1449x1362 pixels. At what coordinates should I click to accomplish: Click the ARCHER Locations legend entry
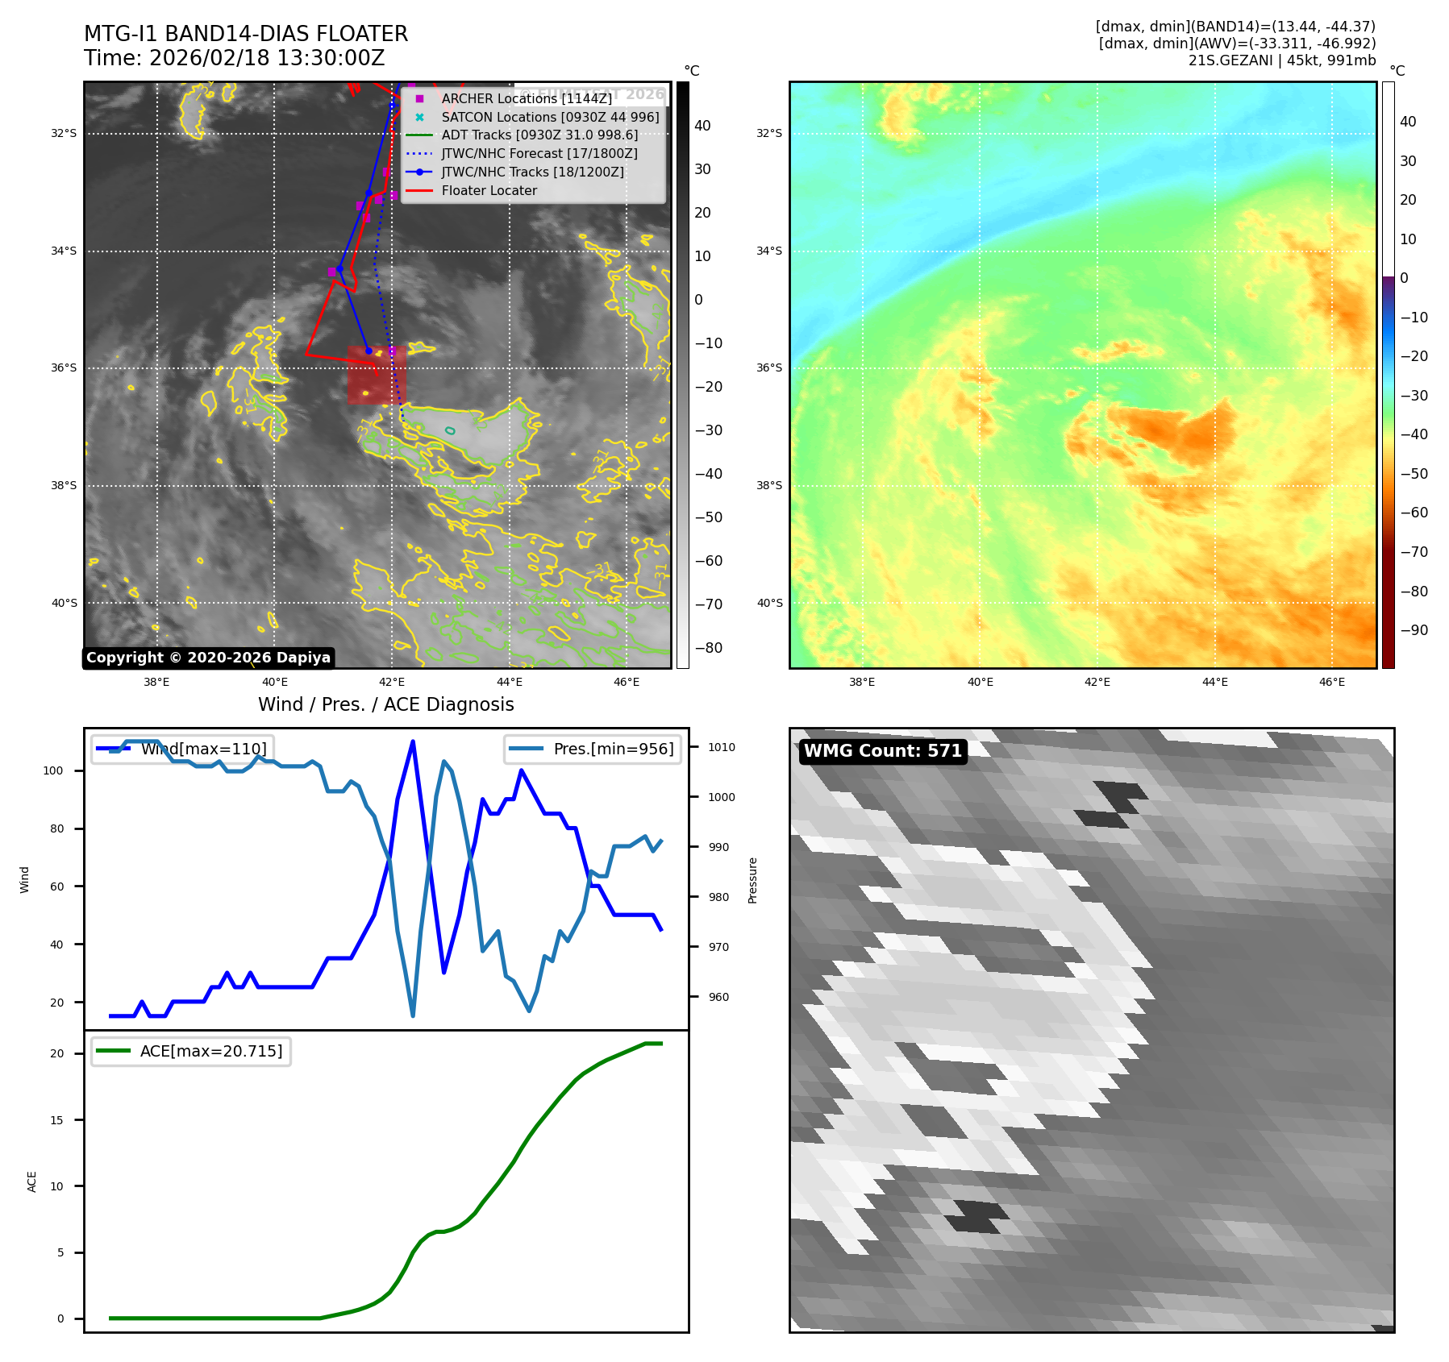[x=527, y=98]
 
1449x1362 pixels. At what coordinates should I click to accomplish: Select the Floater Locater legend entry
[x=489, y=191]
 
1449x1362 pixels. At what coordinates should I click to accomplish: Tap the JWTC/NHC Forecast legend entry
[x=539, y=154]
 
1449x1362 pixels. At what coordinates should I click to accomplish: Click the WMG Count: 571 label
[x=883, y=751]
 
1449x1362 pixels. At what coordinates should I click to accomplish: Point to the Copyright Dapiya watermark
[x=208, y=658]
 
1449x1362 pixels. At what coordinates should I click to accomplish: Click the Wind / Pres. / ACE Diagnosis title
[x=385, y=704]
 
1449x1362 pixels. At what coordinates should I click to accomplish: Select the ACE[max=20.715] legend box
[x=191, y=1052]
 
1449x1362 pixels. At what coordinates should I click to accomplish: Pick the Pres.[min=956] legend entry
[x=593, y=749]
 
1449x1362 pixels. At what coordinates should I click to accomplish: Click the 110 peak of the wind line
[x=413, y=741]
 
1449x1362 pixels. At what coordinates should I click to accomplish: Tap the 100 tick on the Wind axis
[x=53, y=771]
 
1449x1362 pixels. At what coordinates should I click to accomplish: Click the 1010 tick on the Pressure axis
[x=722, y=748]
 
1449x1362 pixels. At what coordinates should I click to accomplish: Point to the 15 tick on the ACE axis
[x=56, y=1120]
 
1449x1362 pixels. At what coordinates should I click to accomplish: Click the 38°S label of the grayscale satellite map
[x=64, y=486]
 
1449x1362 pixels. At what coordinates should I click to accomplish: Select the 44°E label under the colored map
[x=1214, y=682]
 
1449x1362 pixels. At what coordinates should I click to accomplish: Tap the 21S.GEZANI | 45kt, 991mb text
[x=1281, y=60]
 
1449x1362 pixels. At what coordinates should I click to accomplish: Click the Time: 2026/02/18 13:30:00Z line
[x=234, y=59]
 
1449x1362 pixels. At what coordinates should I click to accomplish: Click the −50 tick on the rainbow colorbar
[x=1413, y=474]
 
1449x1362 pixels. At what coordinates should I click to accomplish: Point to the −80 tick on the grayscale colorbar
[x=709, y=648]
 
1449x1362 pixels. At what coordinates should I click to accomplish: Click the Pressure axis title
[x=752, y=880]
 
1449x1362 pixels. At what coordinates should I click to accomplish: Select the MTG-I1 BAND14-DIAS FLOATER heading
[x=246, y=34]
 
